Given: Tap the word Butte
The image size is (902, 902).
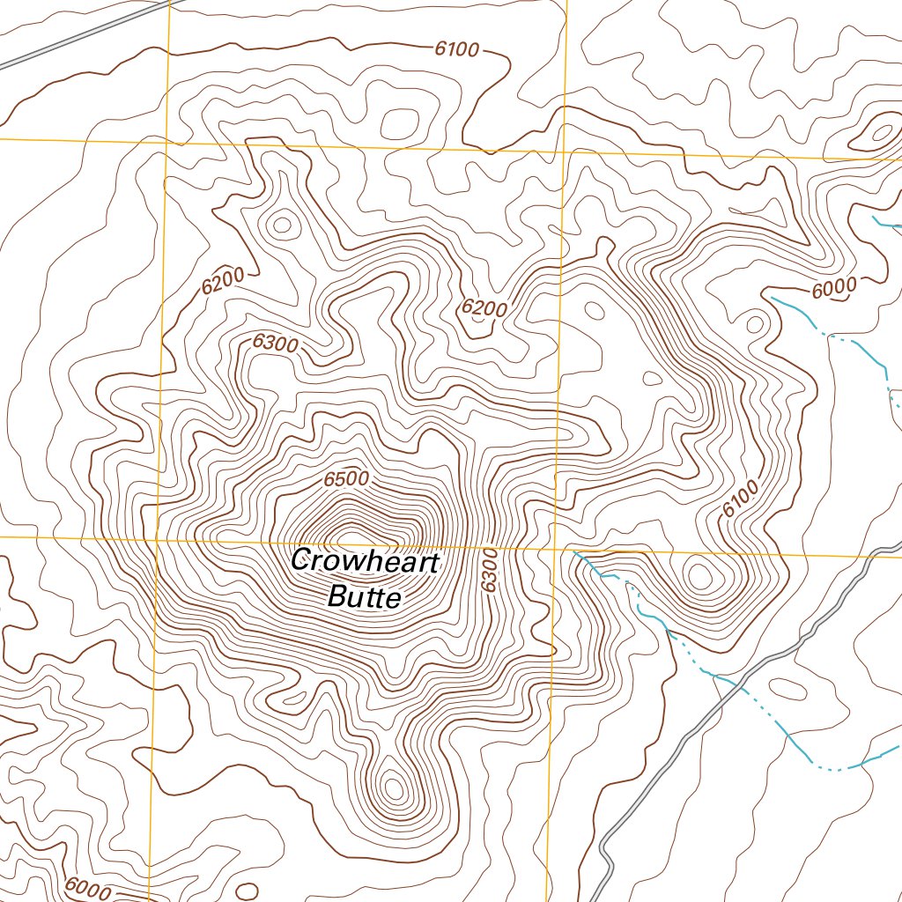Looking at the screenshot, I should coord(364,598).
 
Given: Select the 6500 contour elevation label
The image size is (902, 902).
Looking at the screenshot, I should coord(345,480).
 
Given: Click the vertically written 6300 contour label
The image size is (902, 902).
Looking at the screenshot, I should coord(491,570).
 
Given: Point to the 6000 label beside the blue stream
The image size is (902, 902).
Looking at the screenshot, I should coord(833,287).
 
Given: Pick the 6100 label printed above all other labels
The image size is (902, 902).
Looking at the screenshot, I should coord(456,49).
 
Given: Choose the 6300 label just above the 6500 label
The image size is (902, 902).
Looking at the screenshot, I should coord(275,344).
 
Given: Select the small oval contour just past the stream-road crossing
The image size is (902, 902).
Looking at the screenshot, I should coord(787,689).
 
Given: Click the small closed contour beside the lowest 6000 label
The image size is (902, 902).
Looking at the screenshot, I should coord(248,890).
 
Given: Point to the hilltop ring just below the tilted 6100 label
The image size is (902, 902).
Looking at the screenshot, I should coord(700,577).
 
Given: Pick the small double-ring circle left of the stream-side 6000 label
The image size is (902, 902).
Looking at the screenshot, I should coord(754,323).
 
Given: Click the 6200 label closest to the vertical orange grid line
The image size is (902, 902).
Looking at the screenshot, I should coord(484,308).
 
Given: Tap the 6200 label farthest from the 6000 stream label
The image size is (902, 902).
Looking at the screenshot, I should coord(221,284).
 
